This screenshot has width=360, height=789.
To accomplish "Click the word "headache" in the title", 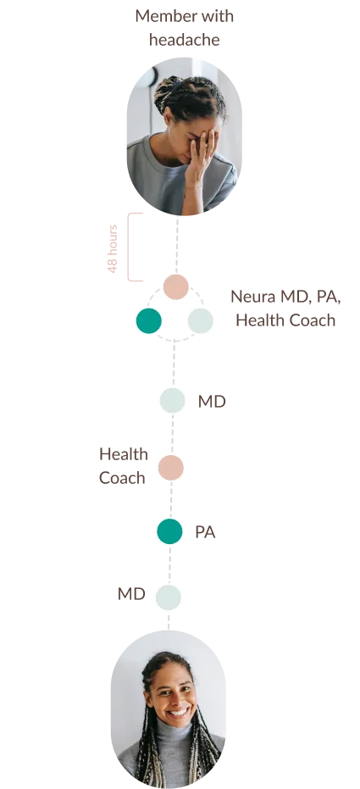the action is click(185, 39).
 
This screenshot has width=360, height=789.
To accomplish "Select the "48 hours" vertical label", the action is click(113, 248).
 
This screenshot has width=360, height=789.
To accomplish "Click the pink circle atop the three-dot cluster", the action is click(176, 286).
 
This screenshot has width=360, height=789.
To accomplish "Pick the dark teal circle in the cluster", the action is click(149, 320).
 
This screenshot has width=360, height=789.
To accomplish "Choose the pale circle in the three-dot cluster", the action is click(201, 320).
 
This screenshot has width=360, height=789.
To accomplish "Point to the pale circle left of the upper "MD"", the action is click(173, 401).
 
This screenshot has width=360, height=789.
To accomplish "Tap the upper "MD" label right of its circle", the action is click(212, 402).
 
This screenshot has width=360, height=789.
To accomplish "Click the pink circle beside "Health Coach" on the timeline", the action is click(171, 468).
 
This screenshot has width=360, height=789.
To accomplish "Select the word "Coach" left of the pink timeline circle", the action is click(122, 477).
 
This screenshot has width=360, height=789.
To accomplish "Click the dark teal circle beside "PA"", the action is click(170, 531).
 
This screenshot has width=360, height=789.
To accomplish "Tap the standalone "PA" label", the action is click(205, 532).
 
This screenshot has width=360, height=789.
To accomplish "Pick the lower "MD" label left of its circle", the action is click(131, 594).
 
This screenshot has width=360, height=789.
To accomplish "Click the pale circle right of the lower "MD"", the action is click(169, 597).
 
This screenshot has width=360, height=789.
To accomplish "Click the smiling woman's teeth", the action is click(179, 713).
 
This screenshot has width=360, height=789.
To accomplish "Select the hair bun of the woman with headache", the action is click(169, 91).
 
